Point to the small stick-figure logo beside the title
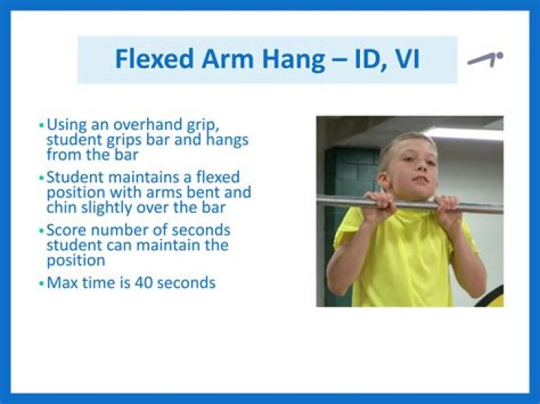[484, 58]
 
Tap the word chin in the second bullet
[61, 208]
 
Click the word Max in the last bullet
[61, 283]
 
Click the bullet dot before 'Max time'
[41, 283]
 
